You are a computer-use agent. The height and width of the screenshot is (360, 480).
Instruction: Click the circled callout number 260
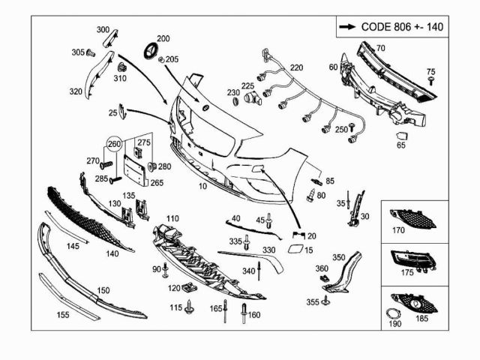tap(114, 143)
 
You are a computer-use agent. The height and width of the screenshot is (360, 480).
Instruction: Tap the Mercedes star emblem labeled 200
tap(151, 50)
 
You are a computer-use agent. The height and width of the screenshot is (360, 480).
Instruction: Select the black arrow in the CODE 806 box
tap(347, 27)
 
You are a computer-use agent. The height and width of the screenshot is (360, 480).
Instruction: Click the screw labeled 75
tap(432, 81)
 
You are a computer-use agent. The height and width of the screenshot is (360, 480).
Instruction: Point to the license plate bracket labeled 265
tap(134, 170)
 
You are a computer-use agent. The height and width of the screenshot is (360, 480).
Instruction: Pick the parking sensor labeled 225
tap(253, 98)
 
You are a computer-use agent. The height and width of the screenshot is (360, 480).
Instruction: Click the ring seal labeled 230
tap(236, 101)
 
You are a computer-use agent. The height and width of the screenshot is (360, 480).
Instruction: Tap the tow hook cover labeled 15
tap(295, 249)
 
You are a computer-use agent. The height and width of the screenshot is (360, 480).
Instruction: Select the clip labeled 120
tap(189, 288)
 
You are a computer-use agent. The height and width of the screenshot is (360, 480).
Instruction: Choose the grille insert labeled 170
tap(412, 219)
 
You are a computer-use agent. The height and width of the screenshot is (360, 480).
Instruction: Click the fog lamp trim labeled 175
tap(413, 259)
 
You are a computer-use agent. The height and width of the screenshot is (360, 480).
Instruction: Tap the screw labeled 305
tap(90, 53)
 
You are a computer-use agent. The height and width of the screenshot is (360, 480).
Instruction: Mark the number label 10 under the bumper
tap(202, 186)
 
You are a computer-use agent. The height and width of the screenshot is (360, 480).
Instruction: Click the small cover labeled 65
tap(402, 136)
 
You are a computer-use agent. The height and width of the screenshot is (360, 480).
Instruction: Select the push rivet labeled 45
tap(268, 220)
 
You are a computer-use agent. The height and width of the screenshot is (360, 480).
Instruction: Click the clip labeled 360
tap(323, 278)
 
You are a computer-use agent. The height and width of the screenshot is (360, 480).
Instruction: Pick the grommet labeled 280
tap(152, 166)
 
